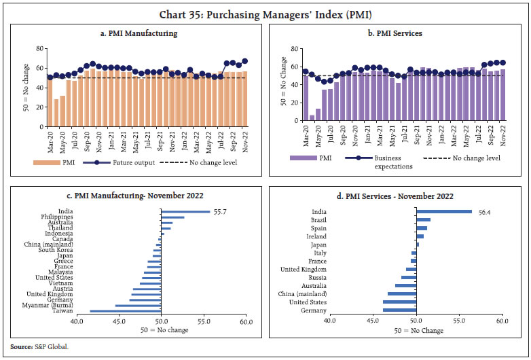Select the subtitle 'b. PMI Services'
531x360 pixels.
(x=397, y=33)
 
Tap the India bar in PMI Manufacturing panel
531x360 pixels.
(x=185, y=211)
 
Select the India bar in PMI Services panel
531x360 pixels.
(x=444, y=211)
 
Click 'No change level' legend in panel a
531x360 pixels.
(x=214, y=163)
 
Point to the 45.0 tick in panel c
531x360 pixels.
(x=120, y=321)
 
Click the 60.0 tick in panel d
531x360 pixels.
(x=502, y=321)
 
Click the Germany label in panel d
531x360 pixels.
(x=314, y=310)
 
